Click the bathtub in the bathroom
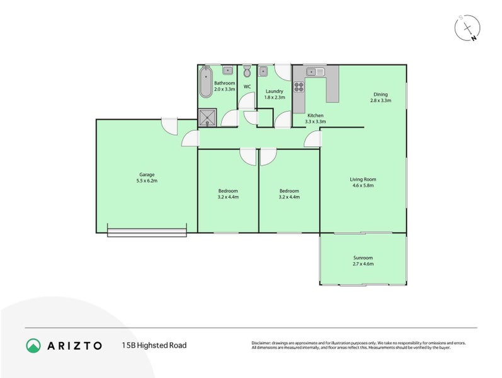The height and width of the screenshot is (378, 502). tap(205, 83)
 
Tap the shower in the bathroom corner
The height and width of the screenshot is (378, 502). tap(206, 117)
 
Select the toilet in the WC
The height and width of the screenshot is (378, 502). tap(247, 70)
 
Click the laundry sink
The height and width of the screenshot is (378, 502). tap(265, 71)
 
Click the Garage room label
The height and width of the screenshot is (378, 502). tap(147, 175)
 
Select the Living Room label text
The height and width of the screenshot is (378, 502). tap(363, 180)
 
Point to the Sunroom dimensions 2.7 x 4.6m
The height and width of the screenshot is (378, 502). tap(363, 264)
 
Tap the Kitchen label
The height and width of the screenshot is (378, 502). tap(315, 115)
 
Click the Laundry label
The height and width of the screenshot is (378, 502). tap(274, 91)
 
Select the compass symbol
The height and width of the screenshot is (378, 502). tap(468, 28)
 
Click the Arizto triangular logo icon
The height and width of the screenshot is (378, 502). tap(33, 345)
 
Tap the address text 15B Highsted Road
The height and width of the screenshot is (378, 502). tap(154, 345)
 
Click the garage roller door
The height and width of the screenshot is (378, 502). tap(147, 232)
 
